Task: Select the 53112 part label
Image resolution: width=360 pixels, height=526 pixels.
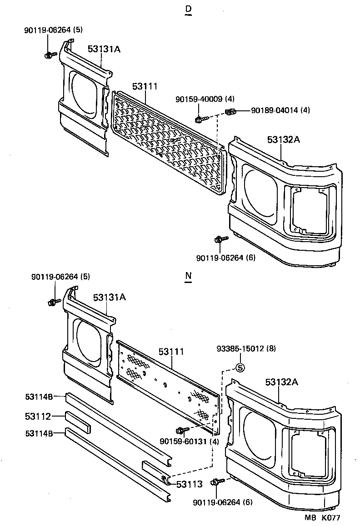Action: pos(38,416)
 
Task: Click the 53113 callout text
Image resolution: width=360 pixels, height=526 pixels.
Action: pos(189,484)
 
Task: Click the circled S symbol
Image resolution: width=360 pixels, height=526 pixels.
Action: pos(240,368)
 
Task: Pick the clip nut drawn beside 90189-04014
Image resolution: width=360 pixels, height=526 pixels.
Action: pos(230,112)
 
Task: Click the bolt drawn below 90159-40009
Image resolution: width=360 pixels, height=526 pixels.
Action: pos(200,119)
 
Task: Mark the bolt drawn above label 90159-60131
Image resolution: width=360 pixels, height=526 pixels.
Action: pos(180,430)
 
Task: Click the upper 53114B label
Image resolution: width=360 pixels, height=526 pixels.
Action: pos(39,397)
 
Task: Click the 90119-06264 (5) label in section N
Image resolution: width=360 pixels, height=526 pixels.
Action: pos(60,276)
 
